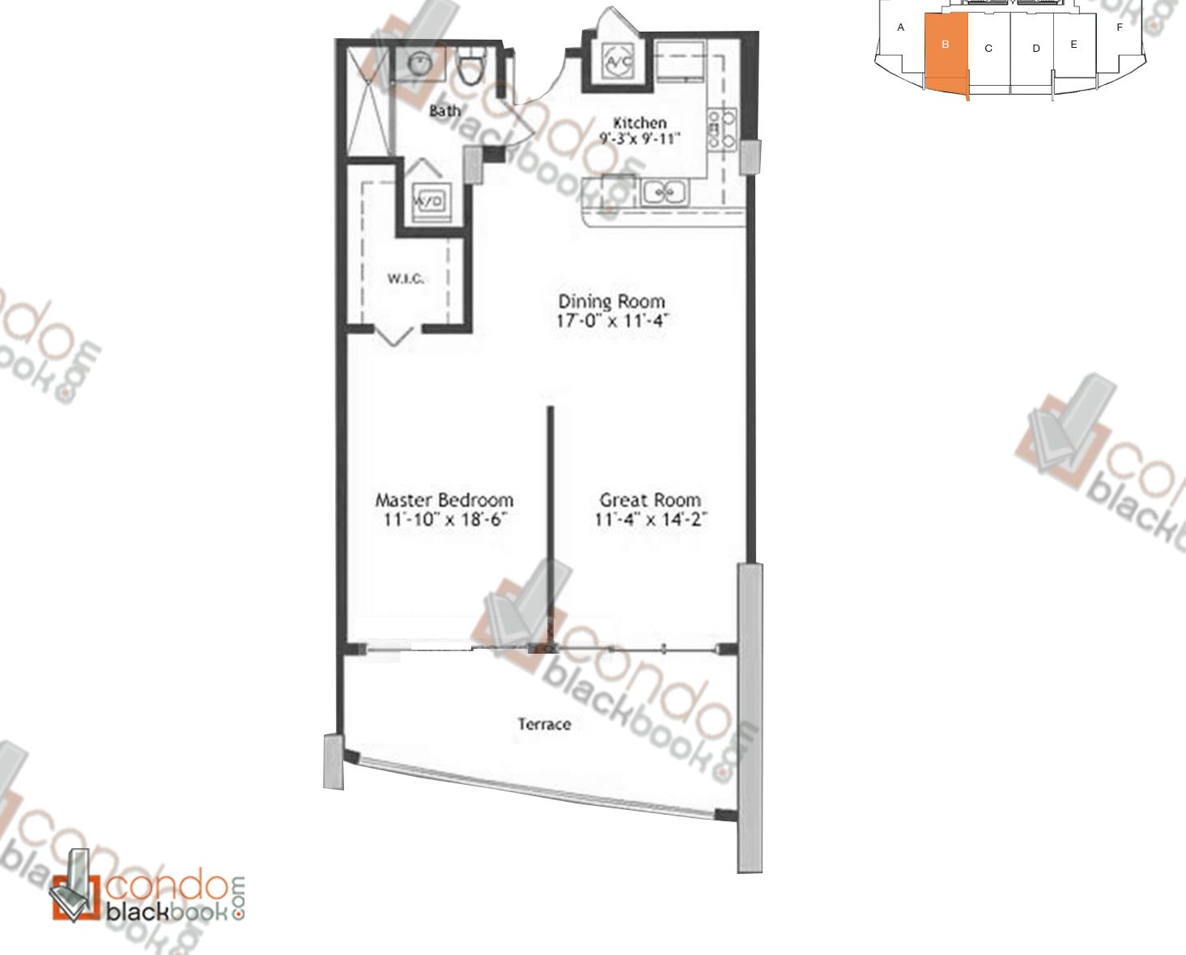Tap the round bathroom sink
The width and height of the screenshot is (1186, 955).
(421, 62)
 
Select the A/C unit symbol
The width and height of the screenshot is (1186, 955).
(619, 60)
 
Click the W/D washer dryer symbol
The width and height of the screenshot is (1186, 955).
(428, 201)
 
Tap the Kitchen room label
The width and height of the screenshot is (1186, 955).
(640, 123)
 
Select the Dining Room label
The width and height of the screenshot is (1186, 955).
(611, 301)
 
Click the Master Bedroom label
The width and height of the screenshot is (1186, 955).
(444, 500)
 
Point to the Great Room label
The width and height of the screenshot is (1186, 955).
(650, 500)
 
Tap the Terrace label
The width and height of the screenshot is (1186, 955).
(544, 723)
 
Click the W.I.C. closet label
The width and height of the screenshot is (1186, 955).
(405, 279)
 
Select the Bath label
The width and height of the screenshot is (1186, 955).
(444, 110)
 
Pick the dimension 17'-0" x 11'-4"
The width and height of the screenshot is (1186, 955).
(611, 321)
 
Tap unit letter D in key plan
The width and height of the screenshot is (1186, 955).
(1035, 49)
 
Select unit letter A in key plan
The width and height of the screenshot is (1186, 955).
(900, 28)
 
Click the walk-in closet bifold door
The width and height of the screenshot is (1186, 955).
(396, 334)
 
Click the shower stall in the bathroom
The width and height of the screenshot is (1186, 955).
(368, 101)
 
